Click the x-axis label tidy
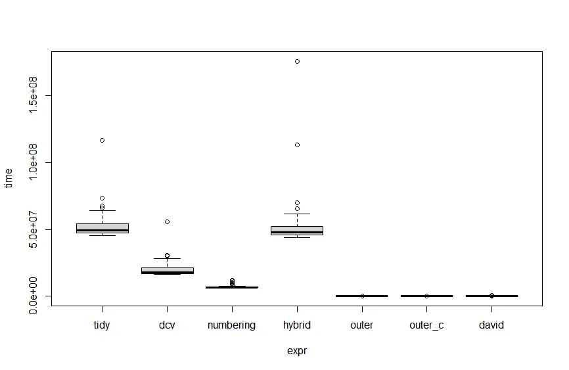pyautogui.click(x=102, y=325)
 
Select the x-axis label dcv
pyautogui.click(x=167, y=325)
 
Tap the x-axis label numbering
pyautogui.click(x=231, y=325)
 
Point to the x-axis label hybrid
pyautogui.click(x=297, y=325)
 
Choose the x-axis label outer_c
pyautogui.click(x=426, y=325)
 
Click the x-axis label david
pyautogui.click(x=491, y=325)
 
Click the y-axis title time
pyautogui.click(x=9, y=177)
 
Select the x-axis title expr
pyautogui.click(x=297, y=351)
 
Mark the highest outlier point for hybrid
pyautogui.click(x=297, y=61)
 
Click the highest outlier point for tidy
pyautogui.click(x=102, y=140)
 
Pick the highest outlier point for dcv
pyautogui.click(x=167, y=221)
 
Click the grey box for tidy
pyautogui.click(x=102, y=227)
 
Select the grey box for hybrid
pyautogui.click(x=297, y=229)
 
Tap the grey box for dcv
pyautogui.click(x=167, y=270)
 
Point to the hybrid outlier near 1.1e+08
pyautogui.click(x=297, y=145)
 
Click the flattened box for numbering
pyautogui.click(x=232, y=287)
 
